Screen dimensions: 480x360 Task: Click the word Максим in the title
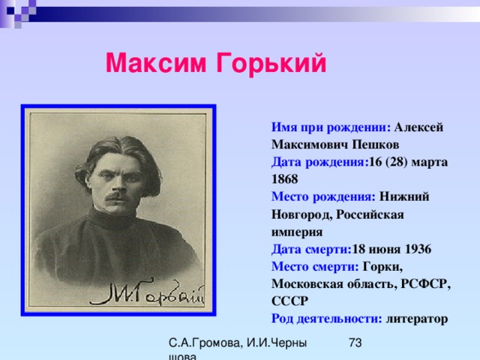pyautogui.click(x=156, y=63)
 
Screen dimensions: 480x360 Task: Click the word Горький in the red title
pyautogui.click(x=271, y=64)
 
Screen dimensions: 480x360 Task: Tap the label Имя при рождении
pyautogui.click(x=331, y=127)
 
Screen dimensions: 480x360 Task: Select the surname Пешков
pyautogui.click(x=375, y=145)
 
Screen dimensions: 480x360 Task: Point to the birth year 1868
pyautogui.click(x=285, y=179)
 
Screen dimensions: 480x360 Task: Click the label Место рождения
pyautogui.click(x=323, y=196)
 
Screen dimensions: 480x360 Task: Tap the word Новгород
pyautogui.click(x=301, y=214)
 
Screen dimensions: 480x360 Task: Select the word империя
pyautogui.click(x=297, y=232)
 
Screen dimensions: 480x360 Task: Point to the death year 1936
pyautogui.click(x=418, y=249)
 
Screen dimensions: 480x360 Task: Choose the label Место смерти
pyautogui.click(x=315, y=267)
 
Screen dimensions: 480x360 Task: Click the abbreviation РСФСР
pyautogui.click(x=426, y=284)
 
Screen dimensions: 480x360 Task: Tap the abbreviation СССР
pyautogui.click(x=289, y=301)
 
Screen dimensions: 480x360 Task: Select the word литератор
pyautogui.click(x=417, y=319)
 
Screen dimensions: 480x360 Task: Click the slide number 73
pyautogui.click(x=355, y=343)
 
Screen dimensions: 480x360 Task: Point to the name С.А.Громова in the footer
pyautogui.click(x=205, y=343)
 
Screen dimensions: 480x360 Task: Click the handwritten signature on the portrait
pyautogui.click(x=147, y=292)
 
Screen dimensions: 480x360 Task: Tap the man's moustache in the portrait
pyautogui.click(x=118, y=196)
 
